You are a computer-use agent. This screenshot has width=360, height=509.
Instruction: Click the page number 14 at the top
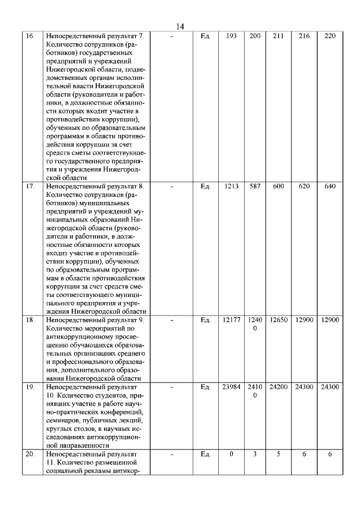point(180,26)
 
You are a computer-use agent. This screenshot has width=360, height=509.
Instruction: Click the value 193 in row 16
point(231,36)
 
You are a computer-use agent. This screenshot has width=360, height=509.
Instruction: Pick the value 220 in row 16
point(330,36)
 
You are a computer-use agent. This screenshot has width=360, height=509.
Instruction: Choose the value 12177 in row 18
point(231,320)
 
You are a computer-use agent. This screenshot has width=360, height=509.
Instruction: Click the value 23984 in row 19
point(231,387)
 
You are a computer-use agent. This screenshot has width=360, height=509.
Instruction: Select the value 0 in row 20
point(231,454)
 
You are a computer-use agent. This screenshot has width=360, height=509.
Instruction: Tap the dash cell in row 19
point(172,387)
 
